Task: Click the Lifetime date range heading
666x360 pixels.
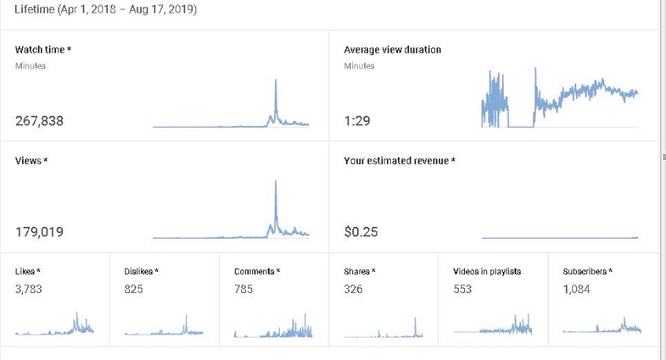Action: click(x=106, y=9)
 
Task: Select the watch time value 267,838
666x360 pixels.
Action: click(x=39, y=121)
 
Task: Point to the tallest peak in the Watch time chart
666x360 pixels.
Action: click(x=276, y=80)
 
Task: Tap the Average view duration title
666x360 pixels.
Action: click(x=393, y=50)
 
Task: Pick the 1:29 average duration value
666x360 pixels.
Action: click(x=357, y=121)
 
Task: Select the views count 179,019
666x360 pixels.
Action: click(x=39, y=232)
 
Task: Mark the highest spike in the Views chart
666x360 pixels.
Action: click(x=276, y=182)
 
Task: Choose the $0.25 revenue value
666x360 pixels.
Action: click(x=361, y=232)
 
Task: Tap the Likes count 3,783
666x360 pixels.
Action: click(x=28, y=289)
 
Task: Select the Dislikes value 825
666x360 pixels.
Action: click(x=133, y=289)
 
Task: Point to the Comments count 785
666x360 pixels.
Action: click(x=244, y=289)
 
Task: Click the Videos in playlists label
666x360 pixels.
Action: click(x=487, y=271)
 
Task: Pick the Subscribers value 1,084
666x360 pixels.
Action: click(x=576, y=289)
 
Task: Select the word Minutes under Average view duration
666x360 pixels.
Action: click(x=359, y=66)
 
